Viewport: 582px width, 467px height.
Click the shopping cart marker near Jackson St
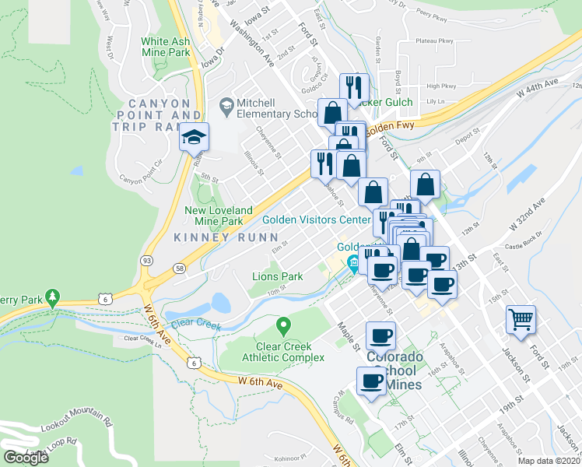coord(521,318)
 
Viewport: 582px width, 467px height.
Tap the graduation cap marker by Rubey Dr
coord(194,139)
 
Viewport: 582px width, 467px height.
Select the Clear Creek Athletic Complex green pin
coord(283,325)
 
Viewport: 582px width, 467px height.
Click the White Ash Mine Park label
coord(166,47)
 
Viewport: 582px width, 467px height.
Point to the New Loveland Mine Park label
coord(219,216)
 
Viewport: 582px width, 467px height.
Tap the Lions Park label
coord(278,276)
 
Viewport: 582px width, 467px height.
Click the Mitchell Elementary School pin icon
coord(226,104)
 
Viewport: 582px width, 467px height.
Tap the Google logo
coord(26,457)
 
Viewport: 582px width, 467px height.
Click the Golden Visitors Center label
coord(315,220)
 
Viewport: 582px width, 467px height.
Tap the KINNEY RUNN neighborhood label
coord(226,237)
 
